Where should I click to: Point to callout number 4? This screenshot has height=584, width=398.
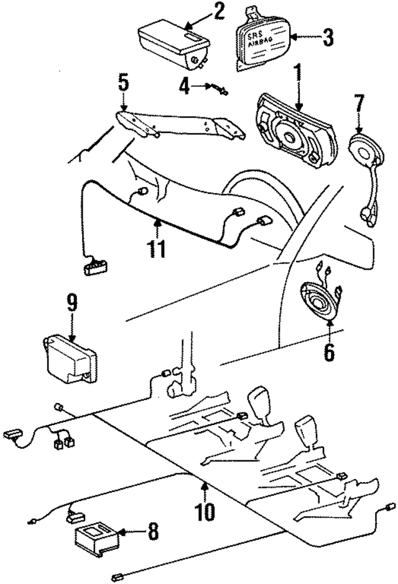pos(183,85)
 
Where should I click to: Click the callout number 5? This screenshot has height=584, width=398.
pos(123,82)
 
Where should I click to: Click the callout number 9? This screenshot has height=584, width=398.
pos(72,303)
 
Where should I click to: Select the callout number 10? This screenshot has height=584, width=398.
pos(205,511)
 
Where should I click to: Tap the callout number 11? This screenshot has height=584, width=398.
pos(157,249)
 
